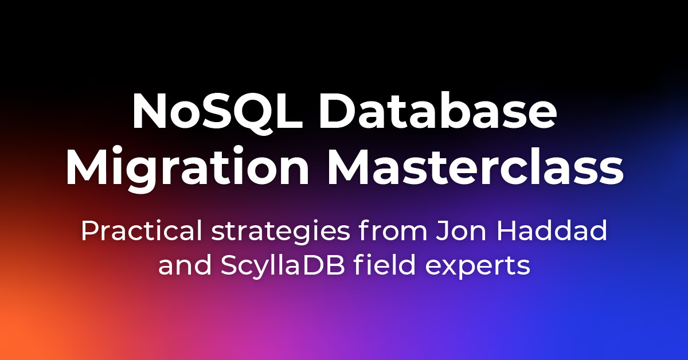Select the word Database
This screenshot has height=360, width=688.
437,110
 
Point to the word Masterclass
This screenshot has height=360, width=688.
475,165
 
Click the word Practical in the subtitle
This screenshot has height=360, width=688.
141,230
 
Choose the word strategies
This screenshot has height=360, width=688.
281,233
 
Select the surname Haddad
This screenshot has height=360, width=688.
552,230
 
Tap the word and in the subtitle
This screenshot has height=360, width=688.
185,264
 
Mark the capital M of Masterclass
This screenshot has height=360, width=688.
350,166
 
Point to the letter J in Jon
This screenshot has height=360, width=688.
443,230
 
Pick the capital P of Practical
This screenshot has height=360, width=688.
91,230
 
